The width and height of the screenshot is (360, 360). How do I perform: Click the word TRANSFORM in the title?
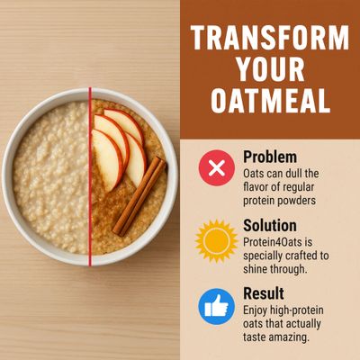tap(270, 38)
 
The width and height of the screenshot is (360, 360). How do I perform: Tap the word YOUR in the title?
tap(271, 69)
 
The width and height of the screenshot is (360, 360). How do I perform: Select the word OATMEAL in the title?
tap(270, 101)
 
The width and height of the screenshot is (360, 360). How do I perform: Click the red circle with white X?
tap(217, 167)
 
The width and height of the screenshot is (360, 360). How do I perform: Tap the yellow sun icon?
tap(216, 241)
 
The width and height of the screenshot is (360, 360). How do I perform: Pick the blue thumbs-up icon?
tap(217, 307)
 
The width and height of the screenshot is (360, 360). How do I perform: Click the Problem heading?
tap(270, 157)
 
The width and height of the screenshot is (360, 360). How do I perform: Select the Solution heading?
tap(270, 225)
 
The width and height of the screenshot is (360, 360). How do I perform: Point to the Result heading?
tap(264, 293)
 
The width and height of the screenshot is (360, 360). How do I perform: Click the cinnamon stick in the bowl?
tap(139, 196)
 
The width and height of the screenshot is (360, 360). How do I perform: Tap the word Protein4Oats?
tap(273, 242)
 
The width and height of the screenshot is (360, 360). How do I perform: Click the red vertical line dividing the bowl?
tap(90, 176)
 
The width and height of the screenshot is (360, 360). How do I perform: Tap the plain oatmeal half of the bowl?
tap(51, 177)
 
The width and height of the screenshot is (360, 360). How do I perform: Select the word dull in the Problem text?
tap(288, 174)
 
